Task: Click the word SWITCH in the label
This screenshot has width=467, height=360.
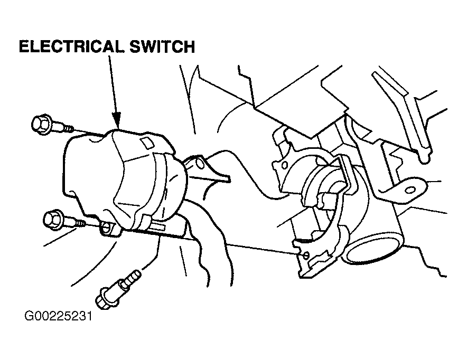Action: coord(162,46)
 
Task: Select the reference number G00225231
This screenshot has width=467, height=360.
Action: coord(58,316)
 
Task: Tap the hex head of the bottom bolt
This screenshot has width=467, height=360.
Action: coord(106,298)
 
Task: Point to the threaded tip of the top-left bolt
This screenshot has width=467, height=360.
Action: coord(69,128)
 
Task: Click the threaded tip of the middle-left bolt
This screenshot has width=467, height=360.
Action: coord(80,223)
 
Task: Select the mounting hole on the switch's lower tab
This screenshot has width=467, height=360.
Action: coord(106,228)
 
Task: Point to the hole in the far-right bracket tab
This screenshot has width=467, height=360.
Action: coord(410,190)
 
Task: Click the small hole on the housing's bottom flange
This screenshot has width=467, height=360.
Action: coord(305,255)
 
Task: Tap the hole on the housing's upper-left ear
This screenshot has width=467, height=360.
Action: coord(284,165)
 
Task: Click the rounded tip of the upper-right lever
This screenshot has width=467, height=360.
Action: coord(424,158)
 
